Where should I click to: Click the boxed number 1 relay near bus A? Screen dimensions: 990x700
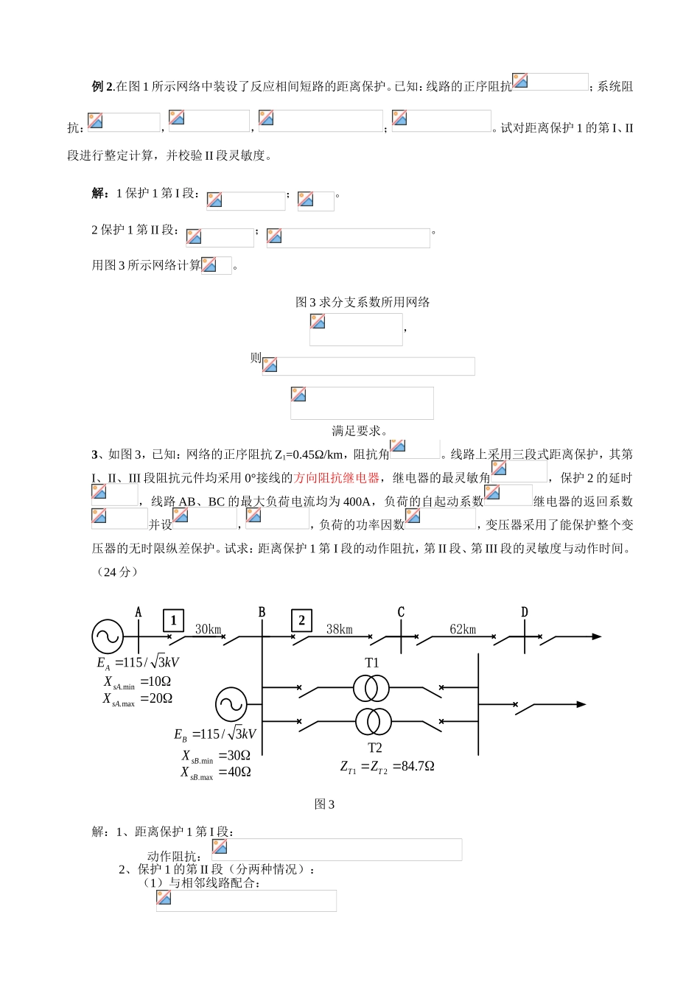click(173, 620)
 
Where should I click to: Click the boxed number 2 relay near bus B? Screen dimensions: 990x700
click(301, 620)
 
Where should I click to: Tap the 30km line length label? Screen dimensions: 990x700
click(208, 629)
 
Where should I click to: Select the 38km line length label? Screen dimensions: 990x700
click(340, 629)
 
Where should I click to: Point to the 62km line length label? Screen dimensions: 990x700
click(463, 629)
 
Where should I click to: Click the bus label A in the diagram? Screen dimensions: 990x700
click(139, 612)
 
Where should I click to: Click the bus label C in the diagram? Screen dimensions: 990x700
click(401, 612)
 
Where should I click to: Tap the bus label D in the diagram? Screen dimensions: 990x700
click(525, 612)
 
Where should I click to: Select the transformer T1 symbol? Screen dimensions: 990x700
click(371, 688)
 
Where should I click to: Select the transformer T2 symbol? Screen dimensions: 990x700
click(371, 721)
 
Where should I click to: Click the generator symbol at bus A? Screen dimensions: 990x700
click(108, 636)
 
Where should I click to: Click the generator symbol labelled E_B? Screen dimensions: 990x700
click(231, 704)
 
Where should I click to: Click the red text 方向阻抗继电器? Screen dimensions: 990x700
click(337, 478)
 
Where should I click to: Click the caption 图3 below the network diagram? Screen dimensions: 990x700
click(324, 804)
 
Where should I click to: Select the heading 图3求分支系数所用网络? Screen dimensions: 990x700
click(363, 302)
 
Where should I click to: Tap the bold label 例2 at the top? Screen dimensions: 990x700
click(102, 86)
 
